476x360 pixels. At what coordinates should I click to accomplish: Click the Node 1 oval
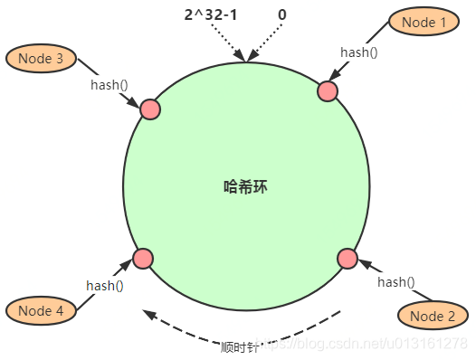(x=425, y=22)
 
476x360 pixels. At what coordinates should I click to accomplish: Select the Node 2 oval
(x=433, y=315)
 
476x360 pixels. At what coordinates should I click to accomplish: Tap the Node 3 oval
(x=41, y=59)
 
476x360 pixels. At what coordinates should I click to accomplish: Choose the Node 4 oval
(x=40, y=310)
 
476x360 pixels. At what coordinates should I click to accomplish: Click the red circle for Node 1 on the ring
(x=328, y=90)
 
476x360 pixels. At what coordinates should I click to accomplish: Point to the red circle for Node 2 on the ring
(x=347, y=259)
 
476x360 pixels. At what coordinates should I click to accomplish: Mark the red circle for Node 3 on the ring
(x=149, y=109)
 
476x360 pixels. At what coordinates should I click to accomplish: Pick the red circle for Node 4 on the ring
(x=142, y=259)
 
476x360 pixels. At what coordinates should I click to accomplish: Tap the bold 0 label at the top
(x=282, y=15)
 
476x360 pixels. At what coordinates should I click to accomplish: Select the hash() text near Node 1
(x=358, y=52)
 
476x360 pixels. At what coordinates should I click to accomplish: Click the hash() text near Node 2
(x=395, y=281)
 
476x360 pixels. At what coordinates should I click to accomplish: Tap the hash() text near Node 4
(x=105, y=285)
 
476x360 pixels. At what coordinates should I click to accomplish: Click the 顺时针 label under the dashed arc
(x=240, y=346)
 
